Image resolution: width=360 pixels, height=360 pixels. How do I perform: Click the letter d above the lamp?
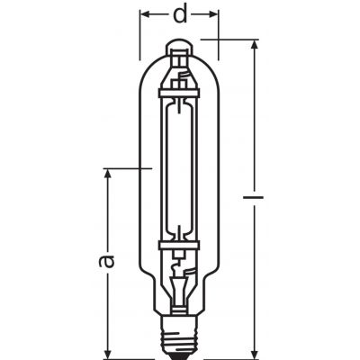179,14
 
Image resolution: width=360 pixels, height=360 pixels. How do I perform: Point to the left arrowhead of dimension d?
146,13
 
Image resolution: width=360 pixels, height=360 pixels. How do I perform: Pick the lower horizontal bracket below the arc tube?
179,242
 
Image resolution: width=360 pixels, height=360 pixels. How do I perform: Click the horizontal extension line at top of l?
234,39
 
